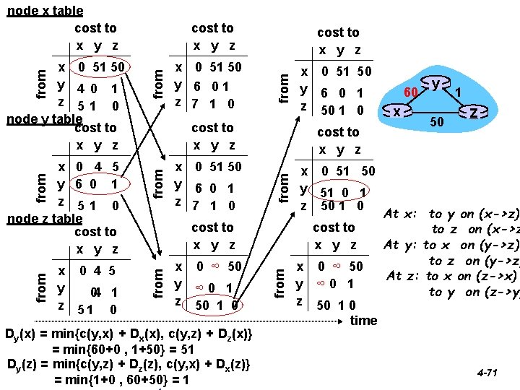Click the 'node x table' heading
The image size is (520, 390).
(x=44, y=11)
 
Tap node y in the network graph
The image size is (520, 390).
(x=436, y=84)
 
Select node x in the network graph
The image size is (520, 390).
(x=397, y=112)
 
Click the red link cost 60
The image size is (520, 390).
(x=411, y=92)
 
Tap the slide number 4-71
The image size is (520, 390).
(x=488, y=373)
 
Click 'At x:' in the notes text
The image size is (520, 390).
(x=400, y=214)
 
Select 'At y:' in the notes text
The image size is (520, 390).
(x=402, y=246)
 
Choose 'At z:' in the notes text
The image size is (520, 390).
(x=404, y=276)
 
